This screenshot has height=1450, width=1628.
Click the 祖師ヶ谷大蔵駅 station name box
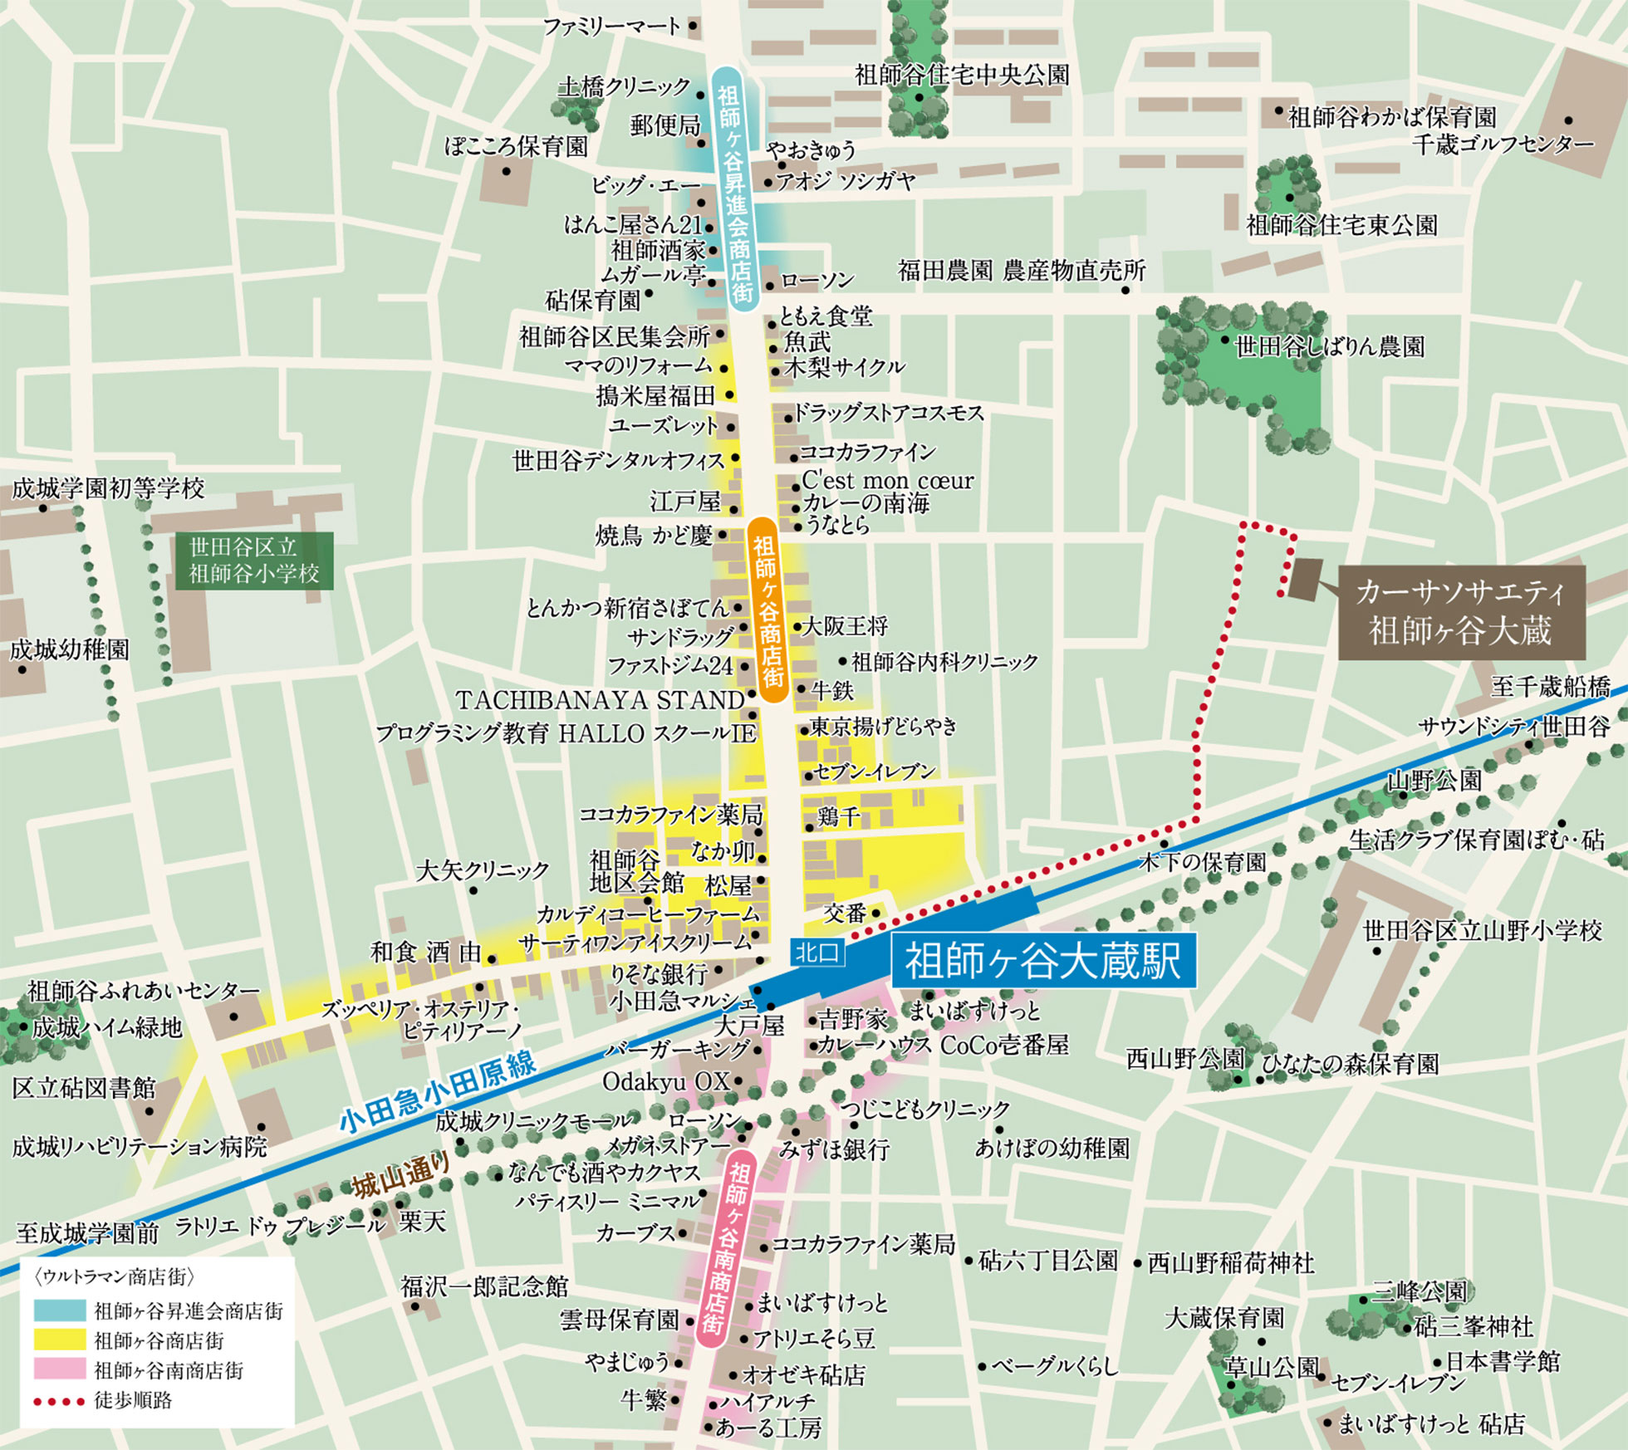click(x=1043, y=961)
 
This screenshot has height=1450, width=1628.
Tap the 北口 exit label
click(x=816, y=953)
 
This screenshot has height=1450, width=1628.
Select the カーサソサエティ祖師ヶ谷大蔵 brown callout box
click(x=1461, y=613)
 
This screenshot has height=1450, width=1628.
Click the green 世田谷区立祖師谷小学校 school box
click(x=254, y=561)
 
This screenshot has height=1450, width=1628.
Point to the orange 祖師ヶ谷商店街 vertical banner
click(x=767, y=610)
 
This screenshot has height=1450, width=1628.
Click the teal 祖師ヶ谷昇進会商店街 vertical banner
click(x=734, y=189)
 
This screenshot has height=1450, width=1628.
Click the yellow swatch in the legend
click(x=60, y=1340)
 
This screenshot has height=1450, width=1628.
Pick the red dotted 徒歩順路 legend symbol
click(x=60, y=1402)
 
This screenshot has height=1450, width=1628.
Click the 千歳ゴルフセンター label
click(x=1503, y=145)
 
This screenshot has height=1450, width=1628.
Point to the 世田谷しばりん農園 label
click(x=1330, y=346)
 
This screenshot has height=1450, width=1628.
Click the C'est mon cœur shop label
click(x=887, y=481)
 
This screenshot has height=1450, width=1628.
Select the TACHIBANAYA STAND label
click(x=600, y=700)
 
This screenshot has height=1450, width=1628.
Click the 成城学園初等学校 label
click(x=108, y=488)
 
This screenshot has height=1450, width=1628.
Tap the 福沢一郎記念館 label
click(x=484, y=1286)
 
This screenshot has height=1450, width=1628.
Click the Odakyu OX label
click(x=665, y=1081)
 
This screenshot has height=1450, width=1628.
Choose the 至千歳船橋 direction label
click(x=1550, y=687)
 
